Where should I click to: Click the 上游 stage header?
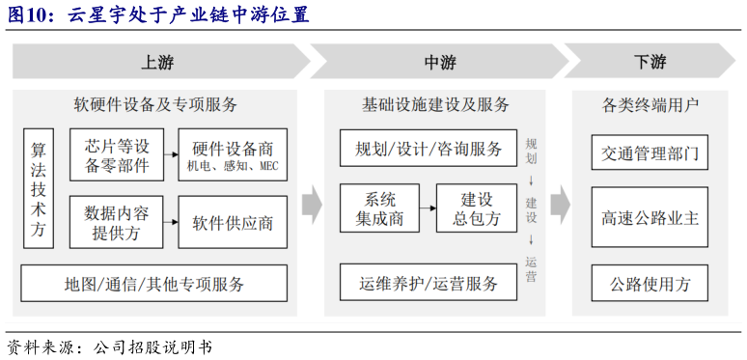pos(156,62)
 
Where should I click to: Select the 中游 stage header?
pos(439,62)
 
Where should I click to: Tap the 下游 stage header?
pos(650,62)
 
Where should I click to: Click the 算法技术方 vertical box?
pos(39,188)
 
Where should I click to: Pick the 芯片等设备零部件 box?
pos(117,155)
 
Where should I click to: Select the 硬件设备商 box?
pos(233,155)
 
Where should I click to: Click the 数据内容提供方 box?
pos(117,222)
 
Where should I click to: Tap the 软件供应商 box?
pos(233,223)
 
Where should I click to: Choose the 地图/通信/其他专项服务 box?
pos(154,284)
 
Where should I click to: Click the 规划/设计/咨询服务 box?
pos(429,149)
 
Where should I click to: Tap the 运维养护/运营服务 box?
pos(429,283)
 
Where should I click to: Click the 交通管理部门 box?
pos(649,152)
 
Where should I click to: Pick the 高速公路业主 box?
pos(649,218)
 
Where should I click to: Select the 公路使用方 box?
pos(649,284)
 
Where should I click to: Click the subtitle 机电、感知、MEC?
pos(233,167)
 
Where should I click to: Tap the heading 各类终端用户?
pos(650,104)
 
